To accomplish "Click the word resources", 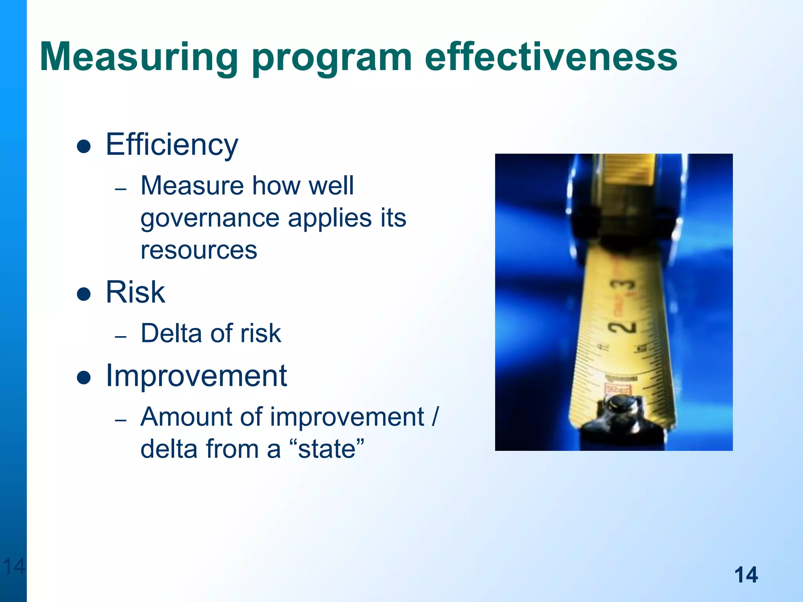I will pyautogui.click(x=199, y=250).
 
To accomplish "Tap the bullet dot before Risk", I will pyautogui.click(x=84, y=294).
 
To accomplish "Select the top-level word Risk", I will pyautogui.click(x=135, y=292).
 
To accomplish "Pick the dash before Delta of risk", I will pyautogui.click(x=121, y=337).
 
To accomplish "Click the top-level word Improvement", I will pyautogui.click(x=196, y=376).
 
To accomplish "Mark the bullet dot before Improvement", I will pyautogui.click(x=84, y=378).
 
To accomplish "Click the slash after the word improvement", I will pyautogui.click(x=435, y=417).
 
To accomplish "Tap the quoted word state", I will pyautogui.click(x=327, y=449).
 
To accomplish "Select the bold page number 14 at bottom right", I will pyautogui.click(x=746, y=575).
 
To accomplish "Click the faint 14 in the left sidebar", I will pyautogui.click(x=14, y=566).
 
